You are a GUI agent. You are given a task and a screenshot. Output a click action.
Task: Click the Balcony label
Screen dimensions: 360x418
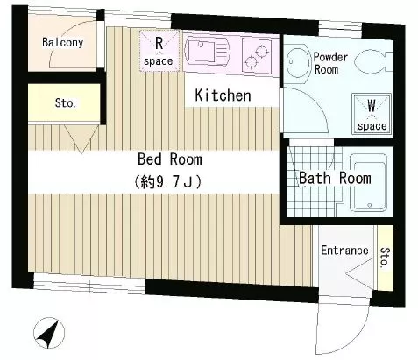(62, 43)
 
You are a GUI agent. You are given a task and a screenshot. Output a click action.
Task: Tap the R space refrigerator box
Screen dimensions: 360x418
(158, 51)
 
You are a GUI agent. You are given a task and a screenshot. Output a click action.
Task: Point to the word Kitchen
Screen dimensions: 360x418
(223, 95)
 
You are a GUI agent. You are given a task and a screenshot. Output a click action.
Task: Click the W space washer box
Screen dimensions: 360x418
(372, 115)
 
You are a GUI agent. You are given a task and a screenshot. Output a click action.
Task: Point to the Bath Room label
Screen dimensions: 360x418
(335, 178)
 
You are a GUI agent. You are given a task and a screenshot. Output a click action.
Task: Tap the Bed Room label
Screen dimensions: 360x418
(169, 159)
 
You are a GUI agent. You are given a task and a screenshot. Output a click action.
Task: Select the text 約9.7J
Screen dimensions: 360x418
(169, 182)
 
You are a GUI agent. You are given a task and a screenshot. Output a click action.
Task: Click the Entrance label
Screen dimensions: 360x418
(344, 251)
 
